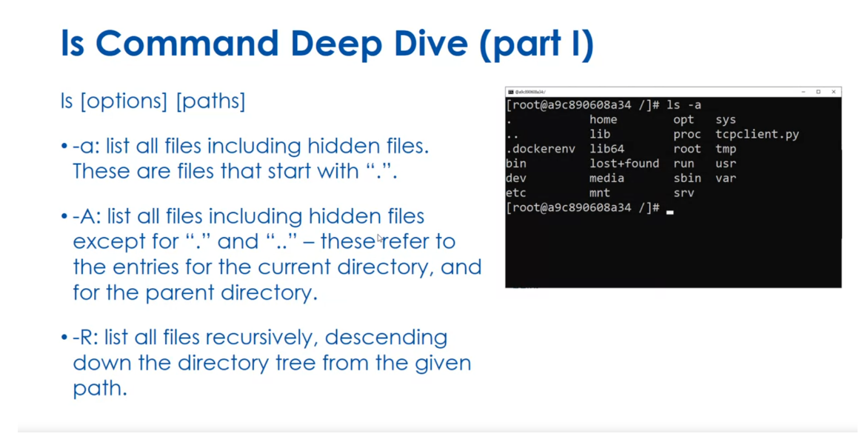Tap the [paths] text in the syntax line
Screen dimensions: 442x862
[210, 101]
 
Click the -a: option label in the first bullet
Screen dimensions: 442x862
[87, 146]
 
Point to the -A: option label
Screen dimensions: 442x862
[89, 216]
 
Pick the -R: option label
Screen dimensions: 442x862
[88, 338]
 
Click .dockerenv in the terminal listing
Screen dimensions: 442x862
[540, 149]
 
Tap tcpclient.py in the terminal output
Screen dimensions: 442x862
[757, 134]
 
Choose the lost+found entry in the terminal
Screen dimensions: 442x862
[624, 164]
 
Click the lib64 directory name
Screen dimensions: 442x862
[607, 149]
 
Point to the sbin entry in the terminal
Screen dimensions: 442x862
[687, 178]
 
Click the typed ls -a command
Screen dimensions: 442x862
[684, 105]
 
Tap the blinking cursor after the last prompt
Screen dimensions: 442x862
[669, 211]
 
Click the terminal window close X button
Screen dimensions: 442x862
[833, 92]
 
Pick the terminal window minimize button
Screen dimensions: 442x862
[803, 92]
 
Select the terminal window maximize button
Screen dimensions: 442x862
[818, 92]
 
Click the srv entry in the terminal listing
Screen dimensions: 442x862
[684, 193]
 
